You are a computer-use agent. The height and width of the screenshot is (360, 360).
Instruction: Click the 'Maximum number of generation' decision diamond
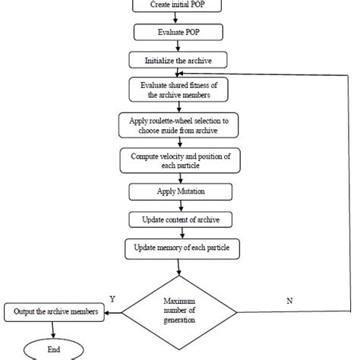[x=181, y=310]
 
